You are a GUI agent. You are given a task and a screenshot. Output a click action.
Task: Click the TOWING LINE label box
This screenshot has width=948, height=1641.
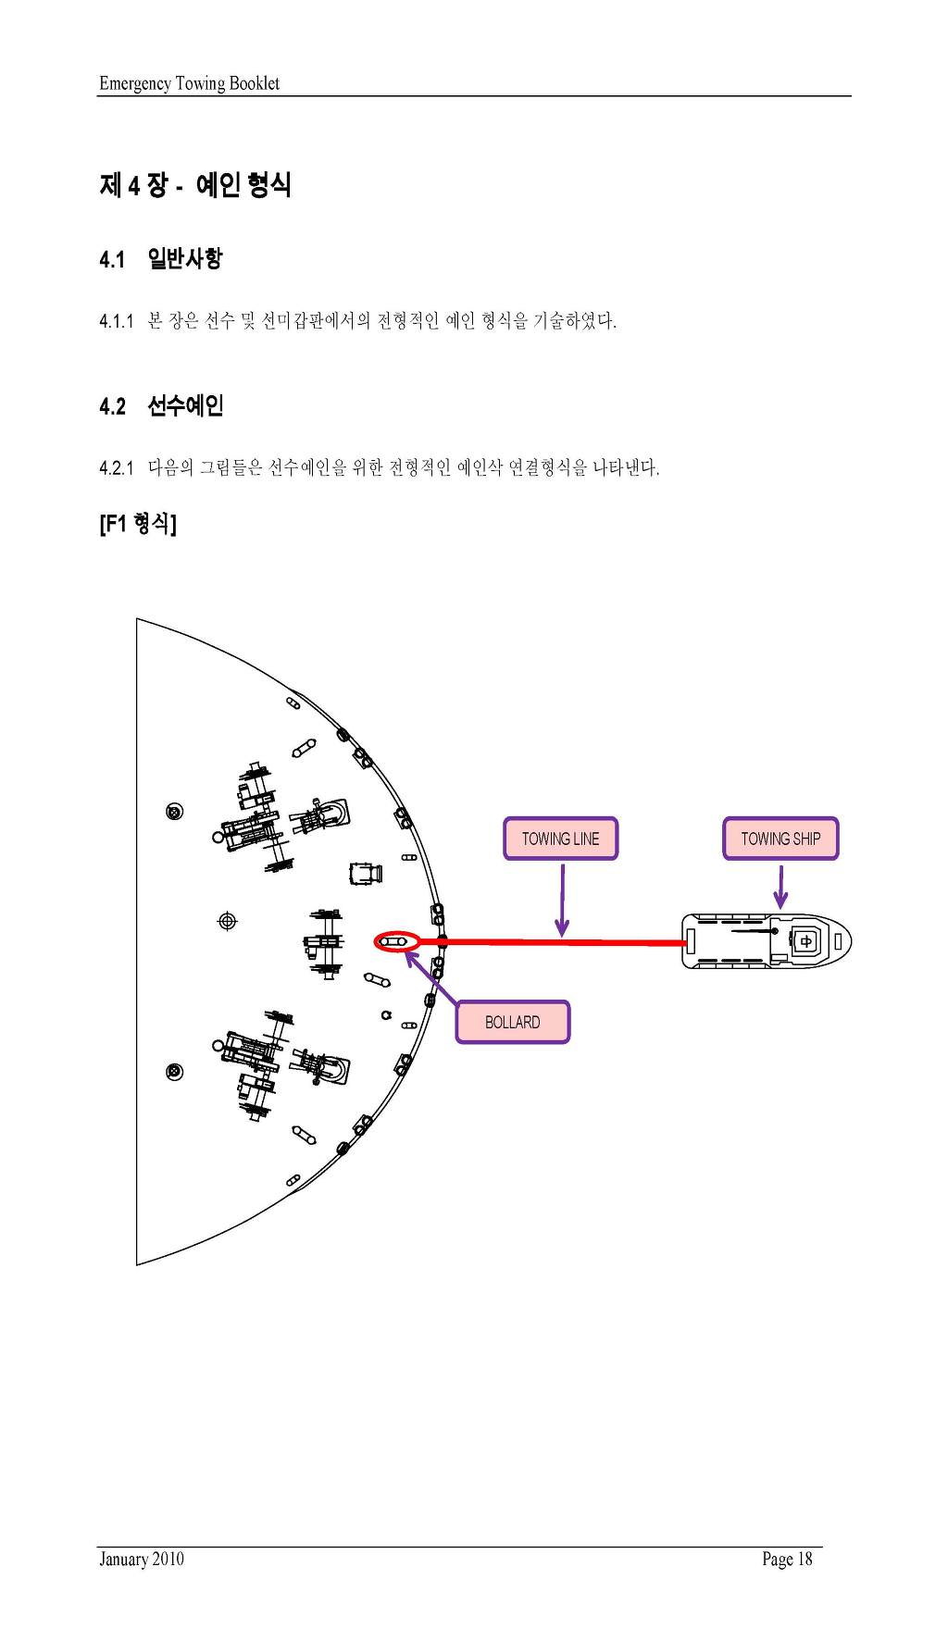click(560, 839)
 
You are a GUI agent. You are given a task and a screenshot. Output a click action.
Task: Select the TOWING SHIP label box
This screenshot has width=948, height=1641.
click(780, 839)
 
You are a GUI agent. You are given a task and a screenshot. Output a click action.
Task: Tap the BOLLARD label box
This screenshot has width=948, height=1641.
click(512, 1022)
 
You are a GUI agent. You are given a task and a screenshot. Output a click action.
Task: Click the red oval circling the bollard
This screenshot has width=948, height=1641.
click(396, 942)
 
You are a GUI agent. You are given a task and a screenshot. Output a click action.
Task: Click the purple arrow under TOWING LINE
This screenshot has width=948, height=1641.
click(562, 899)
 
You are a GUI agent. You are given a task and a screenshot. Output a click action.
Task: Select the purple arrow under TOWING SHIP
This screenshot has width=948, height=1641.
click(780, 886)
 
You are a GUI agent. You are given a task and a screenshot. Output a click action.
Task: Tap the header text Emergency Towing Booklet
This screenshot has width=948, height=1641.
click(189, 83)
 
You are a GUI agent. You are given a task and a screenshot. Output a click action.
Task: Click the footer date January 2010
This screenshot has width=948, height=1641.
click(142, 1559)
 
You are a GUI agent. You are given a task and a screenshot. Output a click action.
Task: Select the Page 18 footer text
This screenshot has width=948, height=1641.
click(787, 1560)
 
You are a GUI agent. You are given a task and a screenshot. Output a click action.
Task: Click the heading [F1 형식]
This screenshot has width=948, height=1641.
click(138, 523)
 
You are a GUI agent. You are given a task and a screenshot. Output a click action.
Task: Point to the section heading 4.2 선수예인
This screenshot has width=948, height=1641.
click(161, 405)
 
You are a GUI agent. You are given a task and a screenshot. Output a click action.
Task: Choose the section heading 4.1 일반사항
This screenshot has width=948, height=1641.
click(160, 258)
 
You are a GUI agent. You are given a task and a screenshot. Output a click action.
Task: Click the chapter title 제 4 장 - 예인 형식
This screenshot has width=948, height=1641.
click(195, 185)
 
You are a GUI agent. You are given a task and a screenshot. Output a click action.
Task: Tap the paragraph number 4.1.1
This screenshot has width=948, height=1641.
click(117, 321)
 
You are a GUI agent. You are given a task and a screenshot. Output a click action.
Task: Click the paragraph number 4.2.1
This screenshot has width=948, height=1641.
click(117, 468)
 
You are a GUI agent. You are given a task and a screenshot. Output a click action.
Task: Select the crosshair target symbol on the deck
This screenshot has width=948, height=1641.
click(227, 921)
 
